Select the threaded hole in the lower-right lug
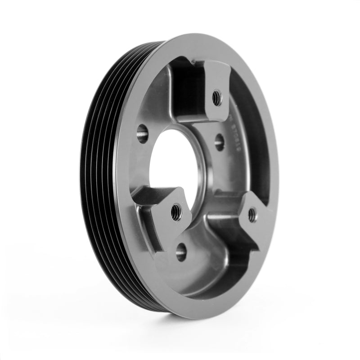(252, 214)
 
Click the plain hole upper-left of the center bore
(142, 134)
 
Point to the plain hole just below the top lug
(219, 143)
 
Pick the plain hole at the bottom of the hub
(181, 252)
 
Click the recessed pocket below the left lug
(148, 234)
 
